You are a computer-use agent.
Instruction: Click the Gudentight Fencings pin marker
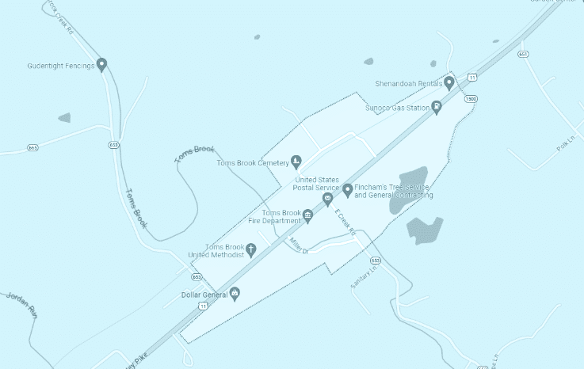101,64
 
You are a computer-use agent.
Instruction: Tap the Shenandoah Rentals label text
409,82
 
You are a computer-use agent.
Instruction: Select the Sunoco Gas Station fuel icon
437,107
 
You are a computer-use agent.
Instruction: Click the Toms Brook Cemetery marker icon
296,162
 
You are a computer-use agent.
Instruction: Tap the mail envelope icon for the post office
327,197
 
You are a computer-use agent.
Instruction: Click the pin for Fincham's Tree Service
347,188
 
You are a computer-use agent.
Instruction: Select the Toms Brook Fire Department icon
308,215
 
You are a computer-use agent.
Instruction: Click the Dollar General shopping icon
235,294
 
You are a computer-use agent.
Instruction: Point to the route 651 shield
523,55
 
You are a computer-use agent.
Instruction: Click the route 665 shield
32,147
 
